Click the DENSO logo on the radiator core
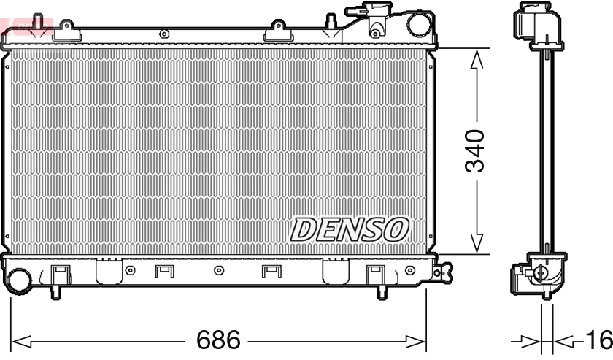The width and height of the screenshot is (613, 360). point(348,230)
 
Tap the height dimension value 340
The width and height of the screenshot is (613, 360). point(475,151)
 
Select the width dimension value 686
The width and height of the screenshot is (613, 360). point(219,340)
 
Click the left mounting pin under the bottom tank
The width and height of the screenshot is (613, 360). point(55,291)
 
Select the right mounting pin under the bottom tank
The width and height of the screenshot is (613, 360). point(380,291)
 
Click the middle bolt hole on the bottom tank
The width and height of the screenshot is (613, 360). point(218,271)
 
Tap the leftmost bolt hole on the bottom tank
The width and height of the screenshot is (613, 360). point(131,271)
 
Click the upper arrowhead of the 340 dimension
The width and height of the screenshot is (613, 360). point(477,58)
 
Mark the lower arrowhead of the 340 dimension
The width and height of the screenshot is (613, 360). point(477,245)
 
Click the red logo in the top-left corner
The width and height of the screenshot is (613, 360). point(26,26)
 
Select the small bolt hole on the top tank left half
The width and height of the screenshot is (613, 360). point(163,34)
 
